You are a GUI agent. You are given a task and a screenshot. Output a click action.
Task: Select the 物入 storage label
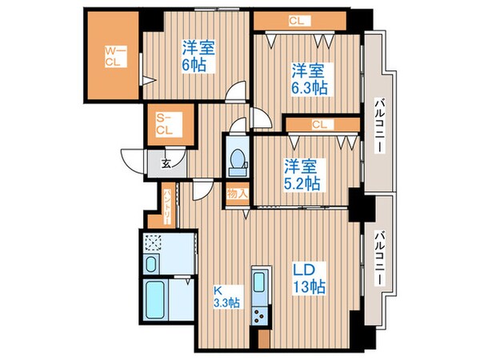point(236,194)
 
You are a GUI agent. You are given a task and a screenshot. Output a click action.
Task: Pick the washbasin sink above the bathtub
point(152,264)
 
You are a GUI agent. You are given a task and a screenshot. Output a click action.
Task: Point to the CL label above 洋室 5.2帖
point(319,124)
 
